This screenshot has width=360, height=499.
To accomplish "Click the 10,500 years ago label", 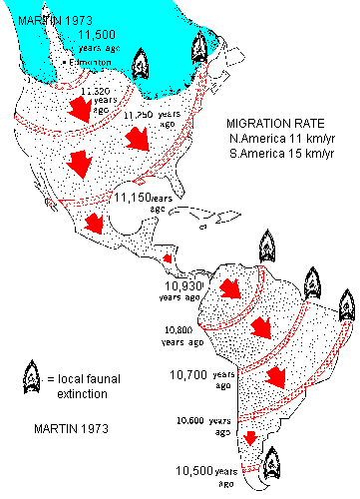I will tap(214, 470).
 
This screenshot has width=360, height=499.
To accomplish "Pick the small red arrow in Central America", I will tap(170, 257).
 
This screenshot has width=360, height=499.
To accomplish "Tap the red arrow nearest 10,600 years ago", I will tap(251, 436).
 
